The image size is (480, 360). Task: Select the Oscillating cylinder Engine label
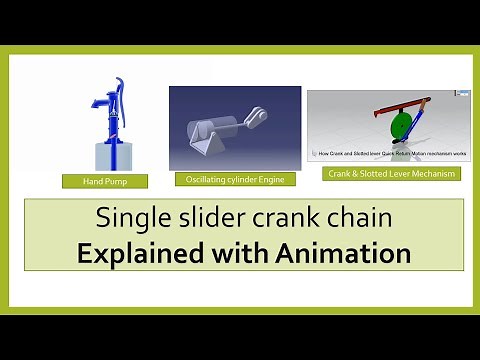click(x=229, y=179)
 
